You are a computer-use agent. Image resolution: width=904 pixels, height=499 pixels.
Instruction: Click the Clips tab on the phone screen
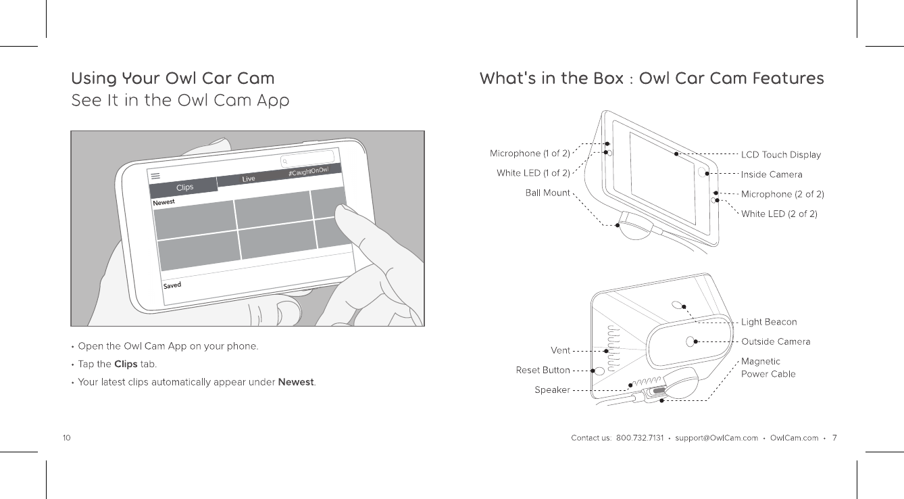click(184, 187)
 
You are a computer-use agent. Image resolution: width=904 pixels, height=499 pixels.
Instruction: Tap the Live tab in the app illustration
click(249, 179)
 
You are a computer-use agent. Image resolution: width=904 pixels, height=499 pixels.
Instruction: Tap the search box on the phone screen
click(307, 160)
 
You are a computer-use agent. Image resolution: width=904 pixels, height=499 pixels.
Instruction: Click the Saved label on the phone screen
click(172, 285)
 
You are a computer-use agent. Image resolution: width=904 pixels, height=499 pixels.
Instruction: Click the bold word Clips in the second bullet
click(126, 364)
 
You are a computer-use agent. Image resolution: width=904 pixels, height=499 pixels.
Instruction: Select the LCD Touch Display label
click(780, 155)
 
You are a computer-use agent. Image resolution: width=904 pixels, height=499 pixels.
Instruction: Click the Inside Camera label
click(772, 174)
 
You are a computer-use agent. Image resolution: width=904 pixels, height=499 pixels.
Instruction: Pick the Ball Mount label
click(547, 193)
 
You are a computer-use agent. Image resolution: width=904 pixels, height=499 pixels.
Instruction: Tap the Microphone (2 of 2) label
click(782, 194)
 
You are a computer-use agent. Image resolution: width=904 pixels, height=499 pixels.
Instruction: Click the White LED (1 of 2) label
click(533, 173)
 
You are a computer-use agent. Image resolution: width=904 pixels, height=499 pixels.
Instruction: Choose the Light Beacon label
click(769, 322)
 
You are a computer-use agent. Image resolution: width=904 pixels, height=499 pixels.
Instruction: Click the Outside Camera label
click(776, 341)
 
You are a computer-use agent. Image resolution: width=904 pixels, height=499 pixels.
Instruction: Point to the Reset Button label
click(543, 370)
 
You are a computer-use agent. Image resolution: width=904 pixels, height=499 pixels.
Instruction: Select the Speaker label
click(552, 390)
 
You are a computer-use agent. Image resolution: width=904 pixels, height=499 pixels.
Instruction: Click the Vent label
click(560, 350)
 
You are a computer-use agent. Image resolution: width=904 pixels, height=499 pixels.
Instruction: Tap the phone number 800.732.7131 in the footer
click(641, 438)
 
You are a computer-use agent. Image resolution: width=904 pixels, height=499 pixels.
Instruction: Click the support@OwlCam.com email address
click(716, 438)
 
